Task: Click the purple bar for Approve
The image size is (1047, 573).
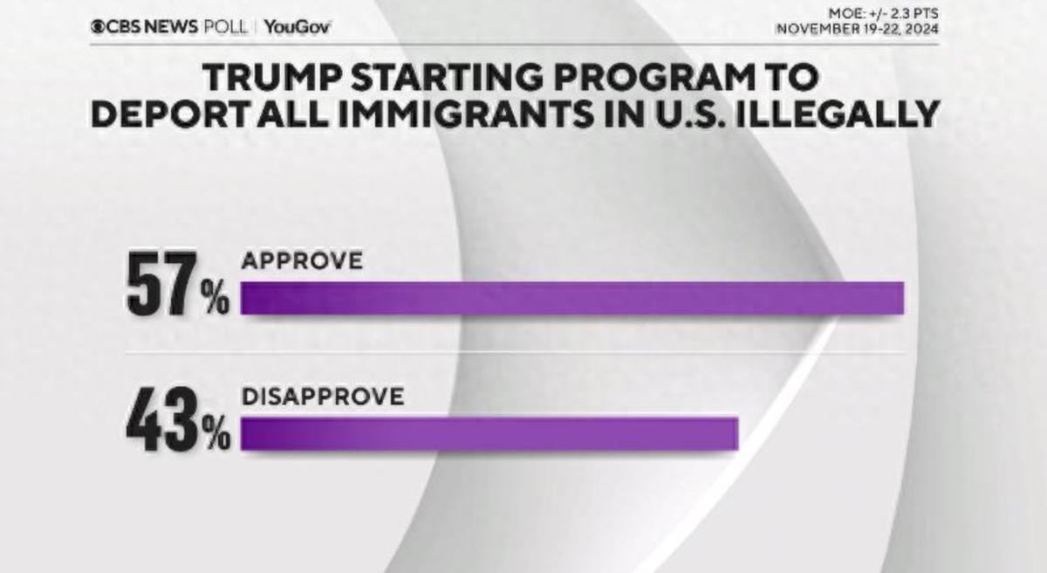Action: click(571, 299)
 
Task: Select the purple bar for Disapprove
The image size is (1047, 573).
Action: click(489, 434)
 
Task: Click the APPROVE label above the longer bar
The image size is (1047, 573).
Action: click(301, 261)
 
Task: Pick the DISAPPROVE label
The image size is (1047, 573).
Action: click(323, 397)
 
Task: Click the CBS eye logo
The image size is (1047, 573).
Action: click(97, 26)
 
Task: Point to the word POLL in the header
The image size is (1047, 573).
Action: click(222, 26)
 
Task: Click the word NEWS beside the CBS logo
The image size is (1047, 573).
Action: click(170, 26)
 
